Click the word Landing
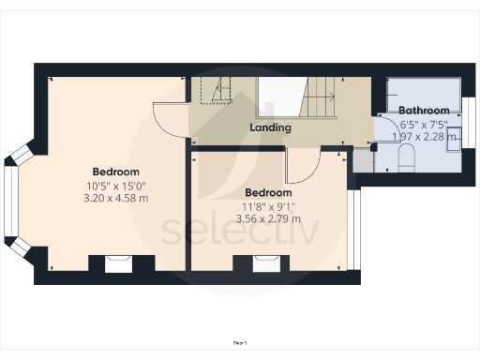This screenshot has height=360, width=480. [x=270, y=127]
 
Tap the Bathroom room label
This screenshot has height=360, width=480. [x=429, y=111]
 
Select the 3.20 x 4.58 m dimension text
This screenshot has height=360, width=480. [x=116, y=198]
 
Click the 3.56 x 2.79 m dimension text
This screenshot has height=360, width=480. [x=269, y=218]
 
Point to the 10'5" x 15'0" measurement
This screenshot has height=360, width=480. [x=116, y=185]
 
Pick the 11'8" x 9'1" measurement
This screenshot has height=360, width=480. [x=269, y=205]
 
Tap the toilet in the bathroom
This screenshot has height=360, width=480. [x=406, y=161]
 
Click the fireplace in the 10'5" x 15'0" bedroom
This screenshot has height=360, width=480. [x=117, y=263]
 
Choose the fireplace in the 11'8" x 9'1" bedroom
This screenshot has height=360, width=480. [x=265, y=263]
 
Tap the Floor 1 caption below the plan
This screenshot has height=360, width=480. [x=240, y=343]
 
